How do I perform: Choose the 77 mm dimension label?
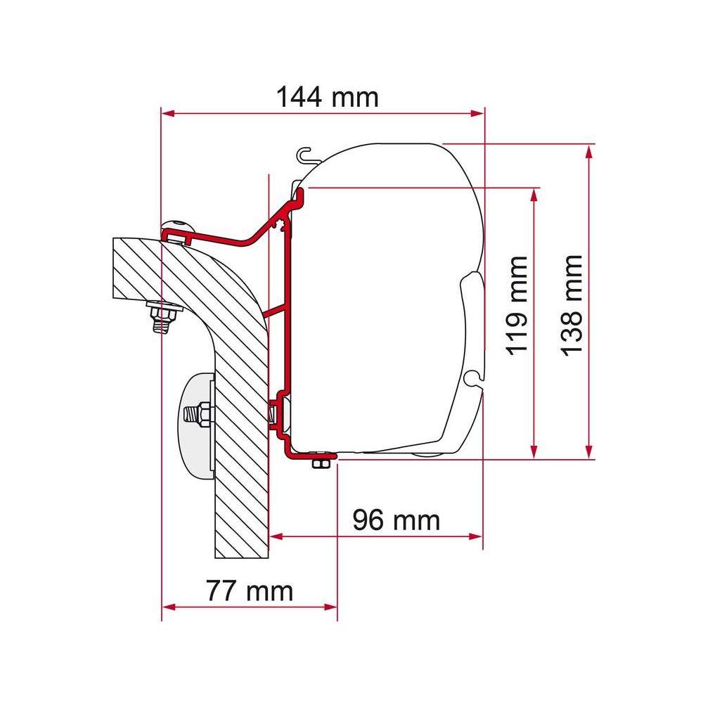pos(250,591)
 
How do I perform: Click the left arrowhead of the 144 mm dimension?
pos(167,112)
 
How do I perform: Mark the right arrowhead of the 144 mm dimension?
pos(479,112)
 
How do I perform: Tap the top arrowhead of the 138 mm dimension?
pos(588,150)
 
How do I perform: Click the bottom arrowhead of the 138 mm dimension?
pos(588,453)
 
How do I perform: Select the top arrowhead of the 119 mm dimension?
pos(535,193)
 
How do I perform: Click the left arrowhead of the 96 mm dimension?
pos(276,536)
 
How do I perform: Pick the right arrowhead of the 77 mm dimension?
pos(332,606)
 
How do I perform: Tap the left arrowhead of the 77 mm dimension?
pos(167,606)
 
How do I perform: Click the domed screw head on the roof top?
pos(178,226)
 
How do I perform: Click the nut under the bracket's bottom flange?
pos(321,463)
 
